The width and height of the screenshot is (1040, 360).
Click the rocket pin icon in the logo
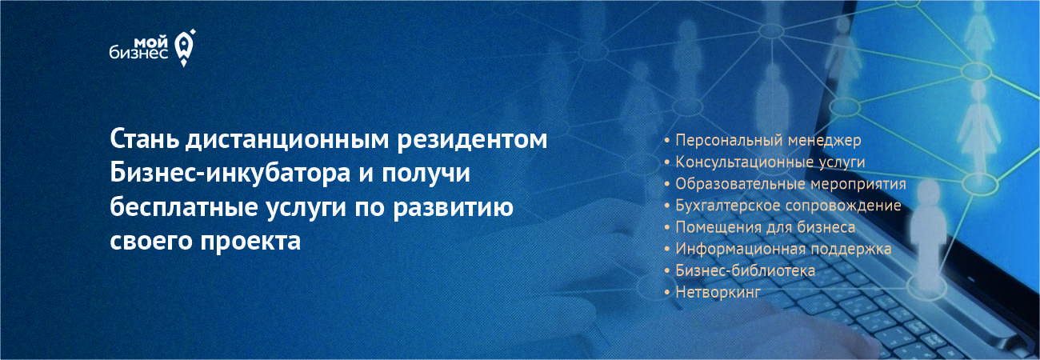184,48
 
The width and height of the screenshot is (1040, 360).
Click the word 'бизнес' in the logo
139,53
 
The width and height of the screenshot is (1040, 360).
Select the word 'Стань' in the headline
144,139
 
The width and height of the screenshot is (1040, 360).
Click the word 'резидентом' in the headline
472,140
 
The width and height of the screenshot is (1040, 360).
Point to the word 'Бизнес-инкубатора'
230,174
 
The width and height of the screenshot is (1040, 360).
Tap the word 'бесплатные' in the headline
183,206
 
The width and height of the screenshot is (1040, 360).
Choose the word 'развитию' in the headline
453,208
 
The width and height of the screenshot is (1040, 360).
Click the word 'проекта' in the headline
250,242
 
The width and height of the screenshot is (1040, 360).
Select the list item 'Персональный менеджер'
768,140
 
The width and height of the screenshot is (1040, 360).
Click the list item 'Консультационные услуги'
770,162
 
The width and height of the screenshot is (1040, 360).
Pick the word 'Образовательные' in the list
740,183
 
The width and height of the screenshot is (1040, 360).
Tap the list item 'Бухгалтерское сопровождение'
788,206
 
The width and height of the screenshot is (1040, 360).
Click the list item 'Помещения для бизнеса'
765,227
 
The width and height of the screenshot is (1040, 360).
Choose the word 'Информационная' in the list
740,249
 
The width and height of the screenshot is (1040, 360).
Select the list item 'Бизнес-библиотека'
745,270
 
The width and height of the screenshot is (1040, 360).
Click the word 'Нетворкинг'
718,292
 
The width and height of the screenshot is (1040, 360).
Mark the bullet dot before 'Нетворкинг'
667,293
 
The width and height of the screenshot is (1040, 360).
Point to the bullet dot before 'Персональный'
667,140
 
